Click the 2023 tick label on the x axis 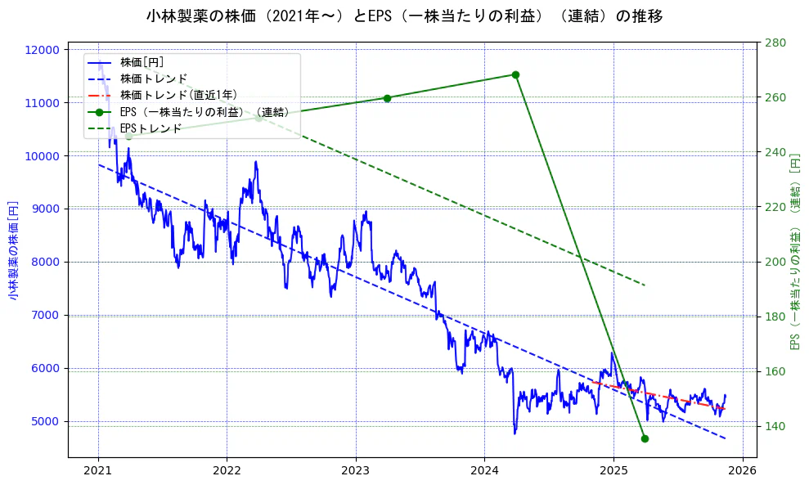[356, 470]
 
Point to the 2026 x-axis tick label [742, 470]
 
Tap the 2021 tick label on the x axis [98, 470]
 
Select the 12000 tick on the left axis [43, 50]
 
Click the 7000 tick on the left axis [45, 316]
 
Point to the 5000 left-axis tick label [45, 422]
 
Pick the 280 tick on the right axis [776, 43]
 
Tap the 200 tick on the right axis [776, 262]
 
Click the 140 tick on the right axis [776, 426]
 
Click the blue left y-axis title [13, 249]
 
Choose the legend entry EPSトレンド [151, 128]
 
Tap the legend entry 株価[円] [142, 62]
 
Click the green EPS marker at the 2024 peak [515, 74]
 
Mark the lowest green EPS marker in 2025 [645, 438]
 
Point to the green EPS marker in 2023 [387, 98]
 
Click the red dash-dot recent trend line [654, 394]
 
